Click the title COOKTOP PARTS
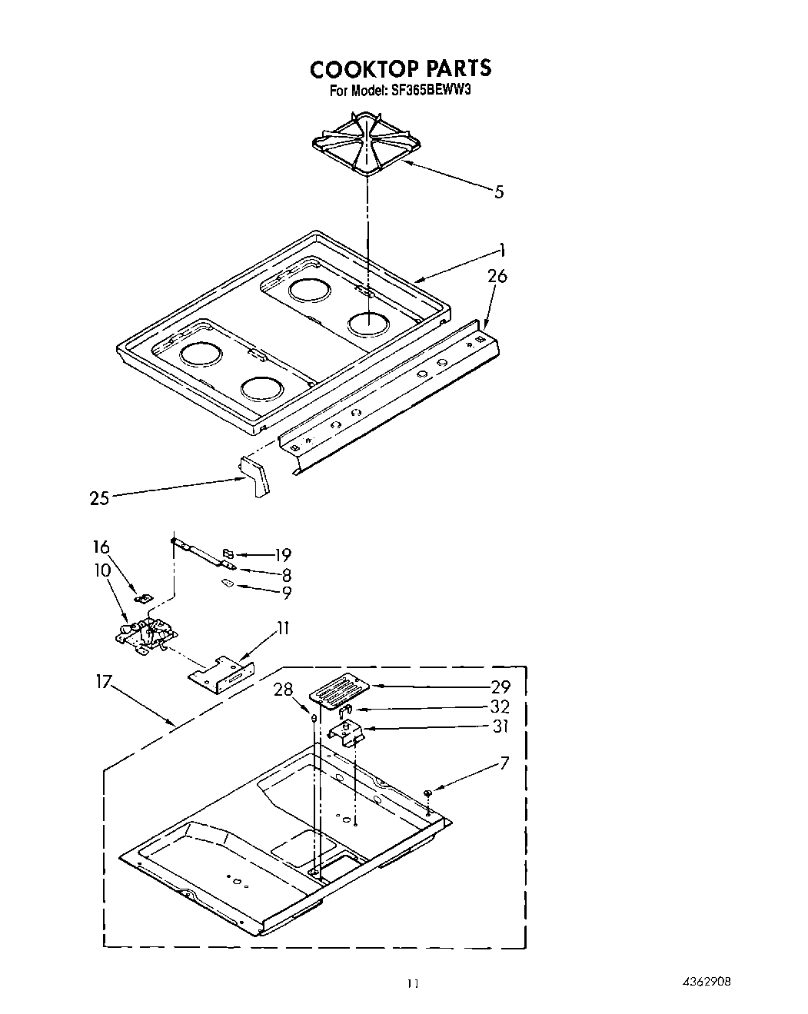[401, 68]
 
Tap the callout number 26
[497, 275]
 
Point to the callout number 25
[99, 499]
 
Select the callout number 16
[101, 547]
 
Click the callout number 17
[105, 681]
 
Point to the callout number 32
[500, 706]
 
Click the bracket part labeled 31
[347, 732]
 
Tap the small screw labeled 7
[427, 793]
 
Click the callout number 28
[284, 690]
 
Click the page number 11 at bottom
[413, 983]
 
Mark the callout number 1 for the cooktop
[501, 249]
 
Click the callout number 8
[286, 574]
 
